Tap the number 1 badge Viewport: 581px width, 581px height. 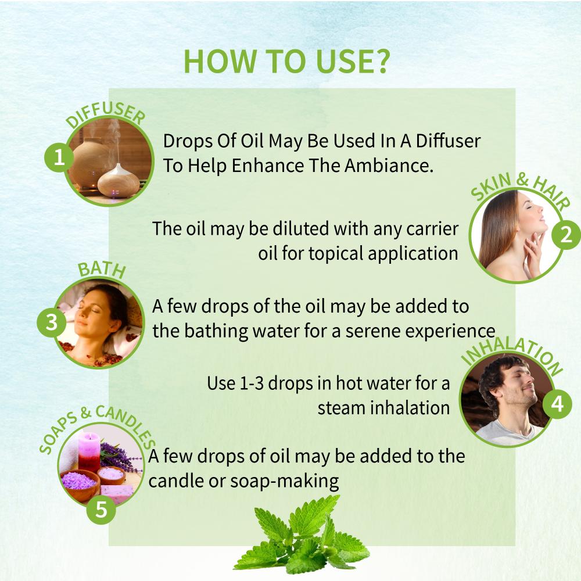(x=59, y=157)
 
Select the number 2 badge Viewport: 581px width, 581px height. (x=566, y=235)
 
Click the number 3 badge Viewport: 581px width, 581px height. (x=52, y=322)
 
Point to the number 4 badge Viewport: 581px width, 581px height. (x=557, y=404)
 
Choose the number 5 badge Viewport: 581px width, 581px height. (x=101, y=510)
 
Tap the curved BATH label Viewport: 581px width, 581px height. (x=102, y=270)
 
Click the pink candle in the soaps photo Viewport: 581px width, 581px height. (x=89, y=452)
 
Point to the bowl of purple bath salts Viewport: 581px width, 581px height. (x=80, y=483)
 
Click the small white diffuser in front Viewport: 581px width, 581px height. (x=118, y=181)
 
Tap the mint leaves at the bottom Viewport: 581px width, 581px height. (x=301, y=537)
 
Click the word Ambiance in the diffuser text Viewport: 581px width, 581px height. (x=389, y=165)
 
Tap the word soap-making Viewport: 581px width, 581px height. (x=285, y=482)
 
